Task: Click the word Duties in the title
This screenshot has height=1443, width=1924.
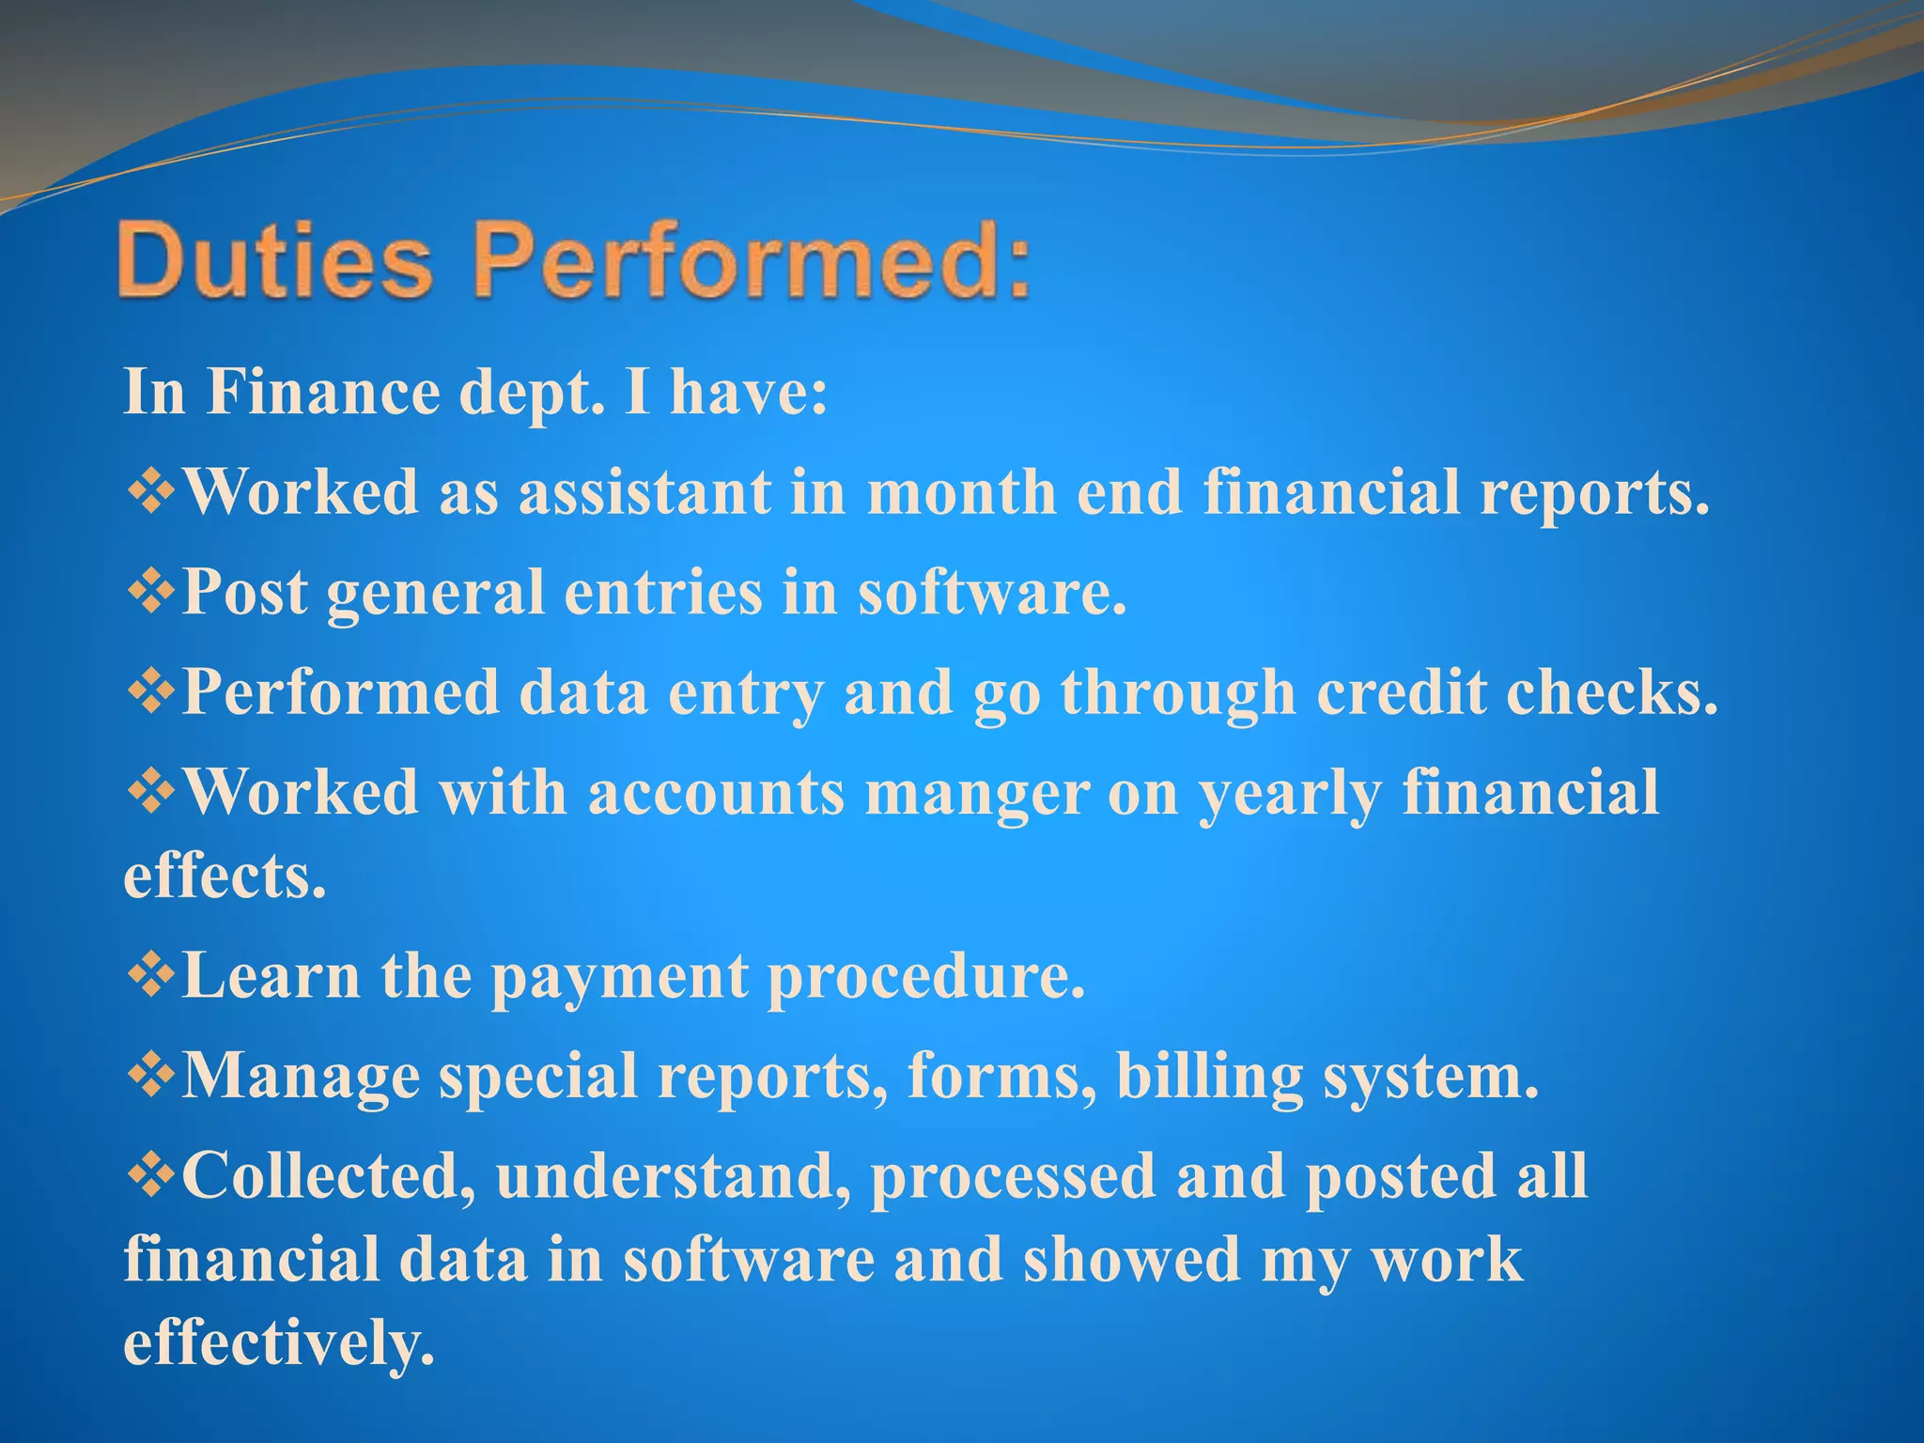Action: coord(274,260)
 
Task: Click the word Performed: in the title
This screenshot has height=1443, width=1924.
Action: coord(752,260)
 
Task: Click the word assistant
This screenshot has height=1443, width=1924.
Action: coord(644,492)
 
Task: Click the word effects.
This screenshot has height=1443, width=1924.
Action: coord(225,876)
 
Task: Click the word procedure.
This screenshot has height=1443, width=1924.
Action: coord(926,977)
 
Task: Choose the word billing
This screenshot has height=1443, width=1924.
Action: coord(1209,1077)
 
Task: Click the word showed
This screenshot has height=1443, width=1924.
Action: coord(1131,1260)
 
